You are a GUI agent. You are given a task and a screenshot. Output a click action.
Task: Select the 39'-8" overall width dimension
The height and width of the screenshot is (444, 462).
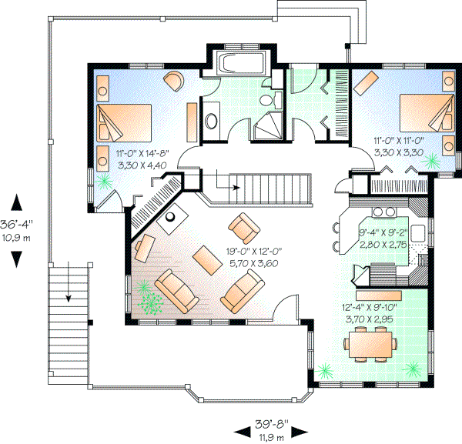[269, 428]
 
